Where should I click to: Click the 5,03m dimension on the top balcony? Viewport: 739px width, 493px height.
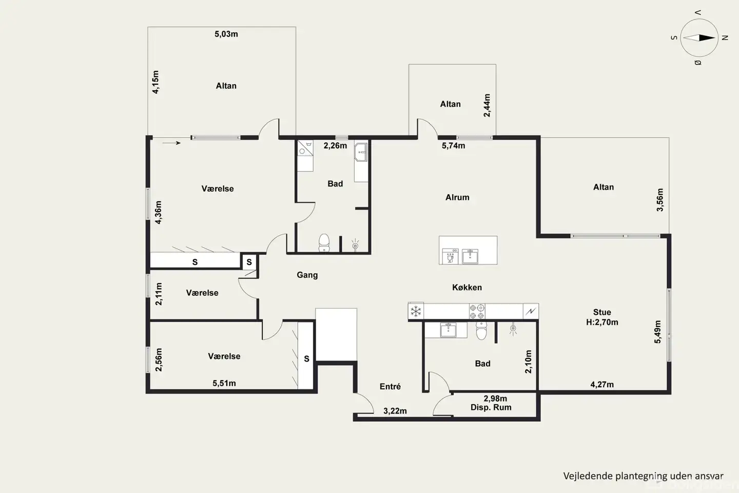[226, 34]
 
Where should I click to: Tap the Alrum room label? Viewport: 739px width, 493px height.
[457, 198]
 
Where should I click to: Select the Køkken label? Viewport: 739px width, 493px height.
[467, 287]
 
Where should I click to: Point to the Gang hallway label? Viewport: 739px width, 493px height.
[307, 275]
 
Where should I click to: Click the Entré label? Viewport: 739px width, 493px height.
[390, 386]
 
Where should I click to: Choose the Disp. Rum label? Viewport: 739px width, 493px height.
[491, 407]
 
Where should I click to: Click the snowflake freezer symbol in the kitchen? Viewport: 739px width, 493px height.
[416, 311]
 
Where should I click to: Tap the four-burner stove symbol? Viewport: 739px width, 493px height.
[477, 311]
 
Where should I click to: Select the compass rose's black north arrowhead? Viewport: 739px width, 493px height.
[707, 37]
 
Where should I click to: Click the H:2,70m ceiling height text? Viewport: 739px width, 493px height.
[602, 323]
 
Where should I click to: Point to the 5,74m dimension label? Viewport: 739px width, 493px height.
[454, 146]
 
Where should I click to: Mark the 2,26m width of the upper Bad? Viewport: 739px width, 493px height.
[335, 146]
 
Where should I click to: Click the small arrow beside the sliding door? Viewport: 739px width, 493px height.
[171, 143]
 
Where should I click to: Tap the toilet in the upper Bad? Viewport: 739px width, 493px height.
[324, 243]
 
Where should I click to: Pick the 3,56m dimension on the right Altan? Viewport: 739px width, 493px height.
[660, 200]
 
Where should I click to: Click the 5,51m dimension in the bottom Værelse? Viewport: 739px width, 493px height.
[224, 384]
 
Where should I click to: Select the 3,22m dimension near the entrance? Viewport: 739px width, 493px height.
[395, 411]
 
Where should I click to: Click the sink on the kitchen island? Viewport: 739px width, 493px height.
[470, 256]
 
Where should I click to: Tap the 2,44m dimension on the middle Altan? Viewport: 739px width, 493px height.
[487, 105]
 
